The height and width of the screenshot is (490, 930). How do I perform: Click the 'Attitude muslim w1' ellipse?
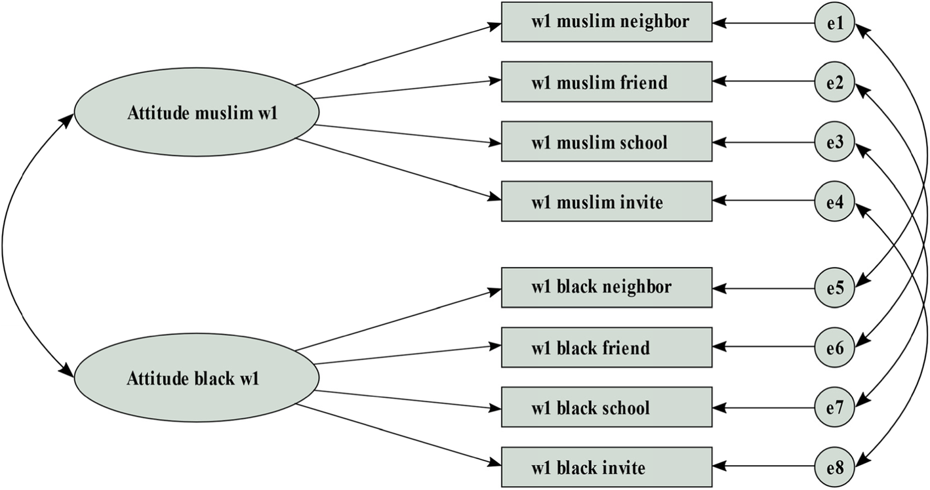(x=197, y=113)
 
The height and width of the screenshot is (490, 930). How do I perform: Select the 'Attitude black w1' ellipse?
(x=197, y=378)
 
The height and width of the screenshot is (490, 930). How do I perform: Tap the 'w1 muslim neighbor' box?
(x=607, y=22)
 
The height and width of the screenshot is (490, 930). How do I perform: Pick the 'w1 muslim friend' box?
(x=607, y=82)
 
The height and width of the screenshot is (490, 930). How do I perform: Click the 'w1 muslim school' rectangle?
(x=607, y=142)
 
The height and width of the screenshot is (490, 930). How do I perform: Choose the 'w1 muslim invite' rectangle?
(x=607, y=201)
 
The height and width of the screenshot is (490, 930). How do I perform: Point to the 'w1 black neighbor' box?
(x=607, y=287)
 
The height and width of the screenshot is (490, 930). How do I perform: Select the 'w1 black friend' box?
(x=607, y=347)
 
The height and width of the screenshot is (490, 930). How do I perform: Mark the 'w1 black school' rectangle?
(x=607, y=407)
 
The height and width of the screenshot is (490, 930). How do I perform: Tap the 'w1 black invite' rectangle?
(x=607, y=467)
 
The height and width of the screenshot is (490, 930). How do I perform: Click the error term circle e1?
(x=835, y=24)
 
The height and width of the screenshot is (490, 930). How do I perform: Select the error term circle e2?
(x=835, y=82)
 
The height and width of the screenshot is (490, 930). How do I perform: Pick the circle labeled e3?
(x=835, y=142)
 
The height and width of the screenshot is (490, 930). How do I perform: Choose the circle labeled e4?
(x=835, y=201)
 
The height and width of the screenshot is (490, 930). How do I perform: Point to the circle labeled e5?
(x=835, y=288)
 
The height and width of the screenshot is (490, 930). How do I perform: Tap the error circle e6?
(x=835, y=347)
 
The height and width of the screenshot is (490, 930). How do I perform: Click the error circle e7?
(x=835, y=407)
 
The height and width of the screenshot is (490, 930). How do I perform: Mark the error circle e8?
(x=835, y=467)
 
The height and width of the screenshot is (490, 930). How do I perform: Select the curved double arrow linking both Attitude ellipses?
(x=3, y=246)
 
